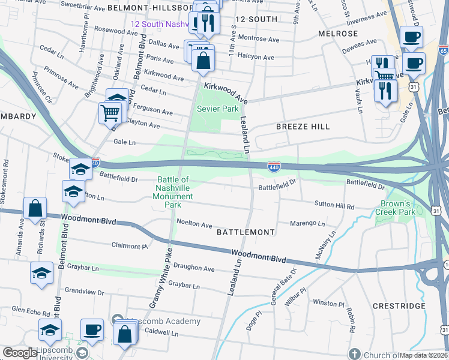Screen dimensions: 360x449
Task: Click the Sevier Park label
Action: (218, 109)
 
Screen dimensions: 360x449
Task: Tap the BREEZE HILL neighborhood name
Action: (303, 127)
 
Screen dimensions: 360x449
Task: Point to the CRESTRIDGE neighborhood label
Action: (399, 306)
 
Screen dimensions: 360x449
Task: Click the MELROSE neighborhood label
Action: (338, 34)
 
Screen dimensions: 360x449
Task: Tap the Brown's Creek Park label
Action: (396, 208)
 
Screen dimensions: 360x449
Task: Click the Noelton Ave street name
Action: (194, 224)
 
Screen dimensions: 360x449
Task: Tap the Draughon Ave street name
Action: (193, 269)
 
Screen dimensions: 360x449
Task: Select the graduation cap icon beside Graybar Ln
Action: (41, 272)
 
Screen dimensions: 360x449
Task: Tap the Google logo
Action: (20, 353)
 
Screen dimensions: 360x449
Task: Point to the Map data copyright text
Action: (424, 355)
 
